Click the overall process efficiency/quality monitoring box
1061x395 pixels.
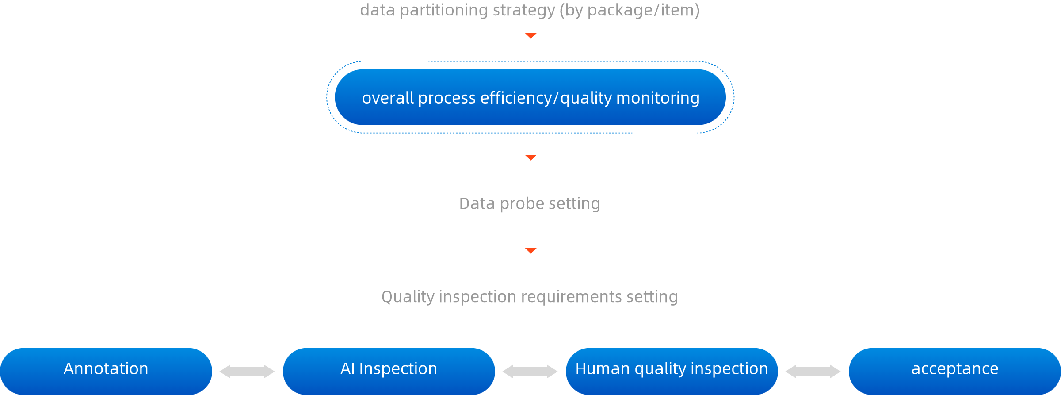[x=530, y=97]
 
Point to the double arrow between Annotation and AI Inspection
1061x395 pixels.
[x=247, y=371]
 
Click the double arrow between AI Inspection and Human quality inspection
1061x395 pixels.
[x=530, y=371]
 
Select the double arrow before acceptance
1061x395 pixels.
[x=813, y=371]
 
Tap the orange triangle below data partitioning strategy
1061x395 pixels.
[x=530, y=35]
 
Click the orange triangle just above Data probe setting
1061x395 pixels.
[x=530, y=157]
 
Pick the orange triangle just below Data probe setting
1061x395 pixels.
[x=530, y=250]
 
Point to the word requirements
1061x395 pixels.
[x=571, y=297]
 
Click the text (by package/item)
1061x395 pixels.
[x=630, y=10]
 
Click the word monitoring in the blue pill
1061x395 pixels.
[x=658, y=98]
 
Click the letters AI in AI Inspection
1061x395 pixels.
[x=347, y=368]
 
